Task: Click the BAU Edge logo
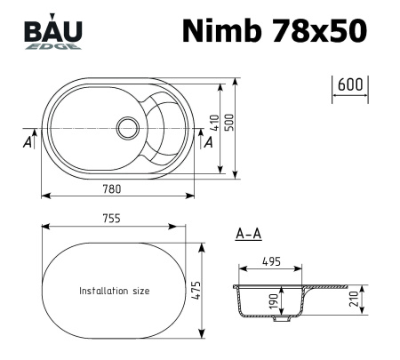[x=54, y=34]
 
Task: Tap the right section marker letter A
[x=210, y=141]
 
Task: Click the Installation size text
[x=115, y=291]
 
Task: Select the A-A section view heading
[x=248, y=235]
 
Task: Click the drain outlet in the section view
[x=284, y=316]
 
